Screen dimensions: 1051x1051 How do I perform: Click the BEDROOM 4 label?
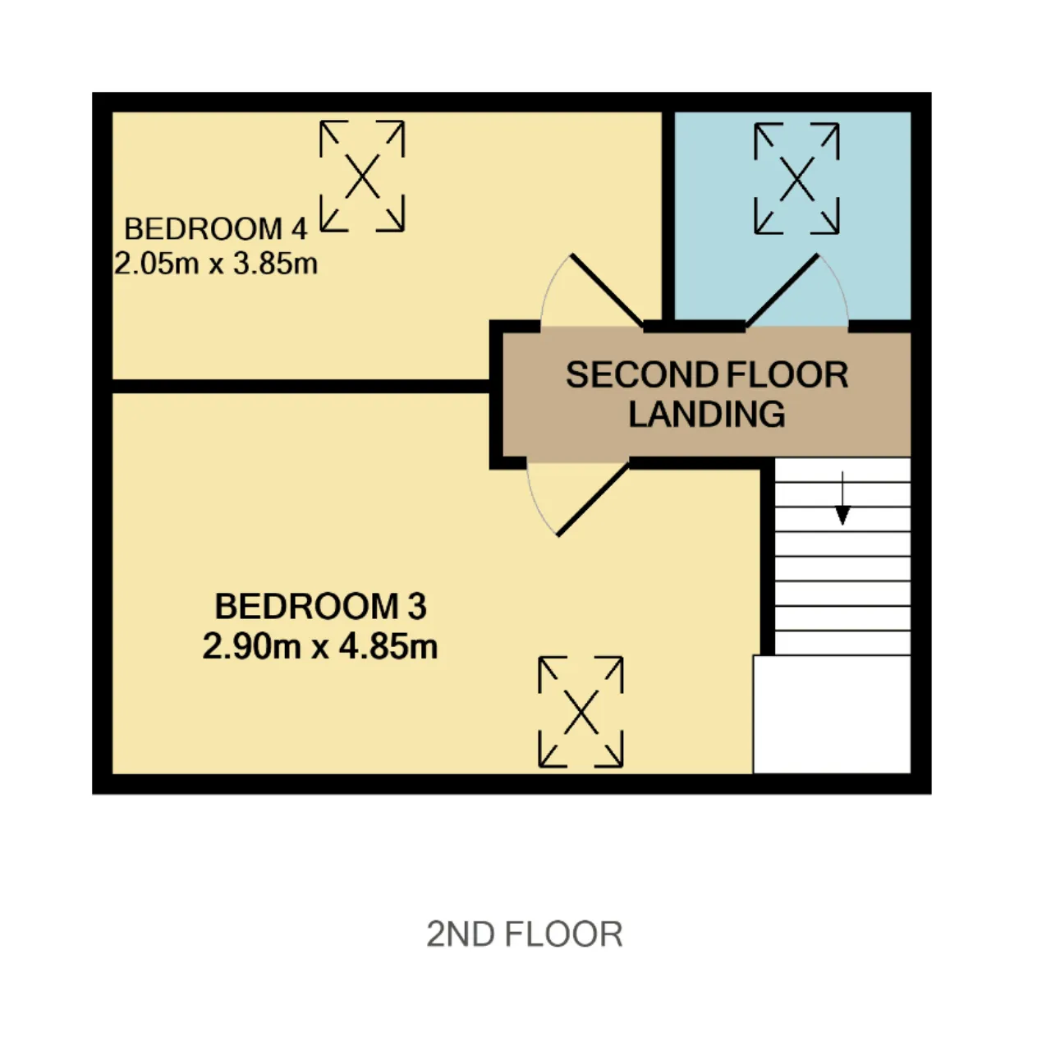point(216,228)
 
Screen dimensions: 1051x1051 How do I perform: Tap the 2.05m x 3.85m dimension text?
point(216,264)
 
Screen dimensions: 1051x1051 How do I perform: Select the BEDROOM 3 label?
point(321,606)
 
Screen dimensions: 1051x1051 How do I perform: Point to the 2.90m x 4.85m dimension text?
point(320,646)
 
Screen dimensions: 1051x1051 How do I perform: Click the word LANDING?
point(707,414)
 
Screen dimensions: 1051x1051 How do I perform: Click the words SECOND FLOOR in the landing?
point(707,374)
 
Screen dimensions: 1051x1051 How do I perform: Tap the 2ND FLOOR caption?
point(524,934)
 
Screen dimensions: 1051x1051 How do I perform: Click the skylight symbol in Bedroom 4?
point(362,177)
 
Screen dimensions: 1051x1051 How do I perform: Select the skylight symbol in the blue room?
point(796,178)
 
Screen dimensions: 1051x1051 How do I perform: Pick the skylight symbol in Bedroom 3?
point(581,713)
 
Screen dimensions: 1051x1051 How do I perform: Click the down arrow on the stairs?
point(842,498)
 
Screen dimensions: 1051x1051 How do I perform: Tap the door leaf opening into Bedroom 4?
point(607,290)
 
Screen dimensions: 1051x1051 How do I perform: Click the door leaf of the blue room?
point(783,291)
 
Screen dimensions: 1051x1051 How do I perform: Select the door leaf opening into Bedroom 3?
point(593,499)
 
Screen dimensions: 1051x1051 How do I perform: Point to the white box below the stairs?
point(832,714)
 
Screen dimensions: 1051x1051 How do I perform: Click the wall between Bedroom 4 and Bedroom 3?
point(301,386)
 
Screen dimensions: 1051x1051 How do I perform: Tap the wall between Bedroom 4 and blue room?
point(668,215)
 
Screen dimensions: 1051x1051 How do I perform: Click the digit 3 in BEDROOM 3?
point(416,606)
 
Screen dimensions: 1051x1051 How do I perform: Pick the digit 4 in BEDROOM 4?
point(298,228)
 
